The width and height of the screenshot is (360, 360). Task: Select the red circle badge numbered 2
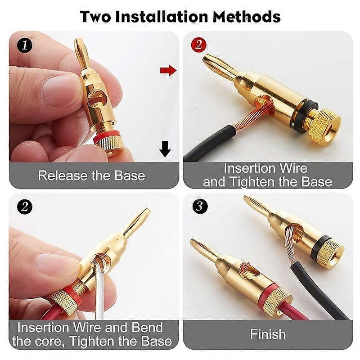tap(198, 45)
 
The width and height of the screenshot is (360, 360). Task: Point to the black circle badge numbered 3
tap(198, 207)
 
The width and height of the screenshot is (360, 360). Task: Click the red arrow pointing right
tap(168, 70)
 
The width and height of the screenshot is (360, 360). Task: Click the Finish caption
tap(268, 334)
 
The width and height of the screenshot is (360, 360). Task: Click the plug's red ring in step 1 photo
tap(107, 135)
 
